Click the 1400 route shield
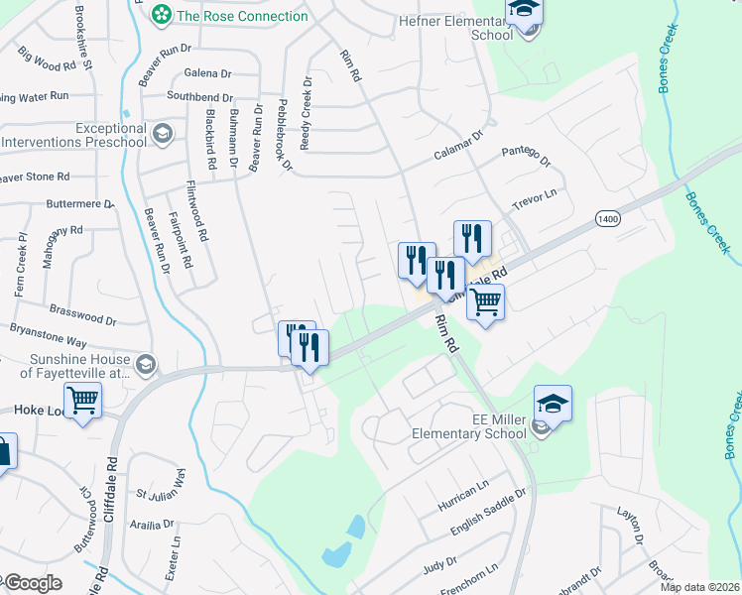point(607,217)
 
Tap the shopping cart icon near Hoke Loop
point(84,401)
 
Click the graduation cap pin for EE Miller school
point(553,405)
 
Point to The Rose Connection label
point(242,16)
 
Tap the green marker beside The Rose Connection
point(159,16)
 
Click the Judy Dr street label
point(438,566)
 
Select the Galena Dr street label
point(209,72)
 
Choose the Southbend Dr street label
point(199,97)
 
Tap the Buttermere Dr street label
point(81,203)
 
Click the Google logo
point(32,583)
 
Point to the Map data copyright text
point(699,587)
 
